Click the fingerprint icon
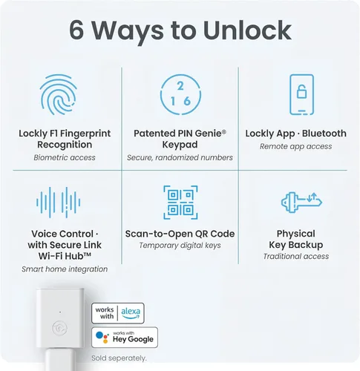[x=58, y=96]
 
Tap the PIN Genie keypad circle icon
[x=180, y=96]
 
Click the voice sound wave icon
[x=58, y=201]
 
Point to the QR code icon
[x=180, y=202]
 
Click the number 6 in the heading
[x=80, y=30]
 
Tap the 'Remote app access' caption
[x=295, y=147]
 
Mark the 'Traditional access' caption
[x=295, y=257]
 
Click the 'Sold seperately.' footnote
[x=121, y=358]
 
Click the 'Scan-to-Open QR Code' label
[x=180, y=234]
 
